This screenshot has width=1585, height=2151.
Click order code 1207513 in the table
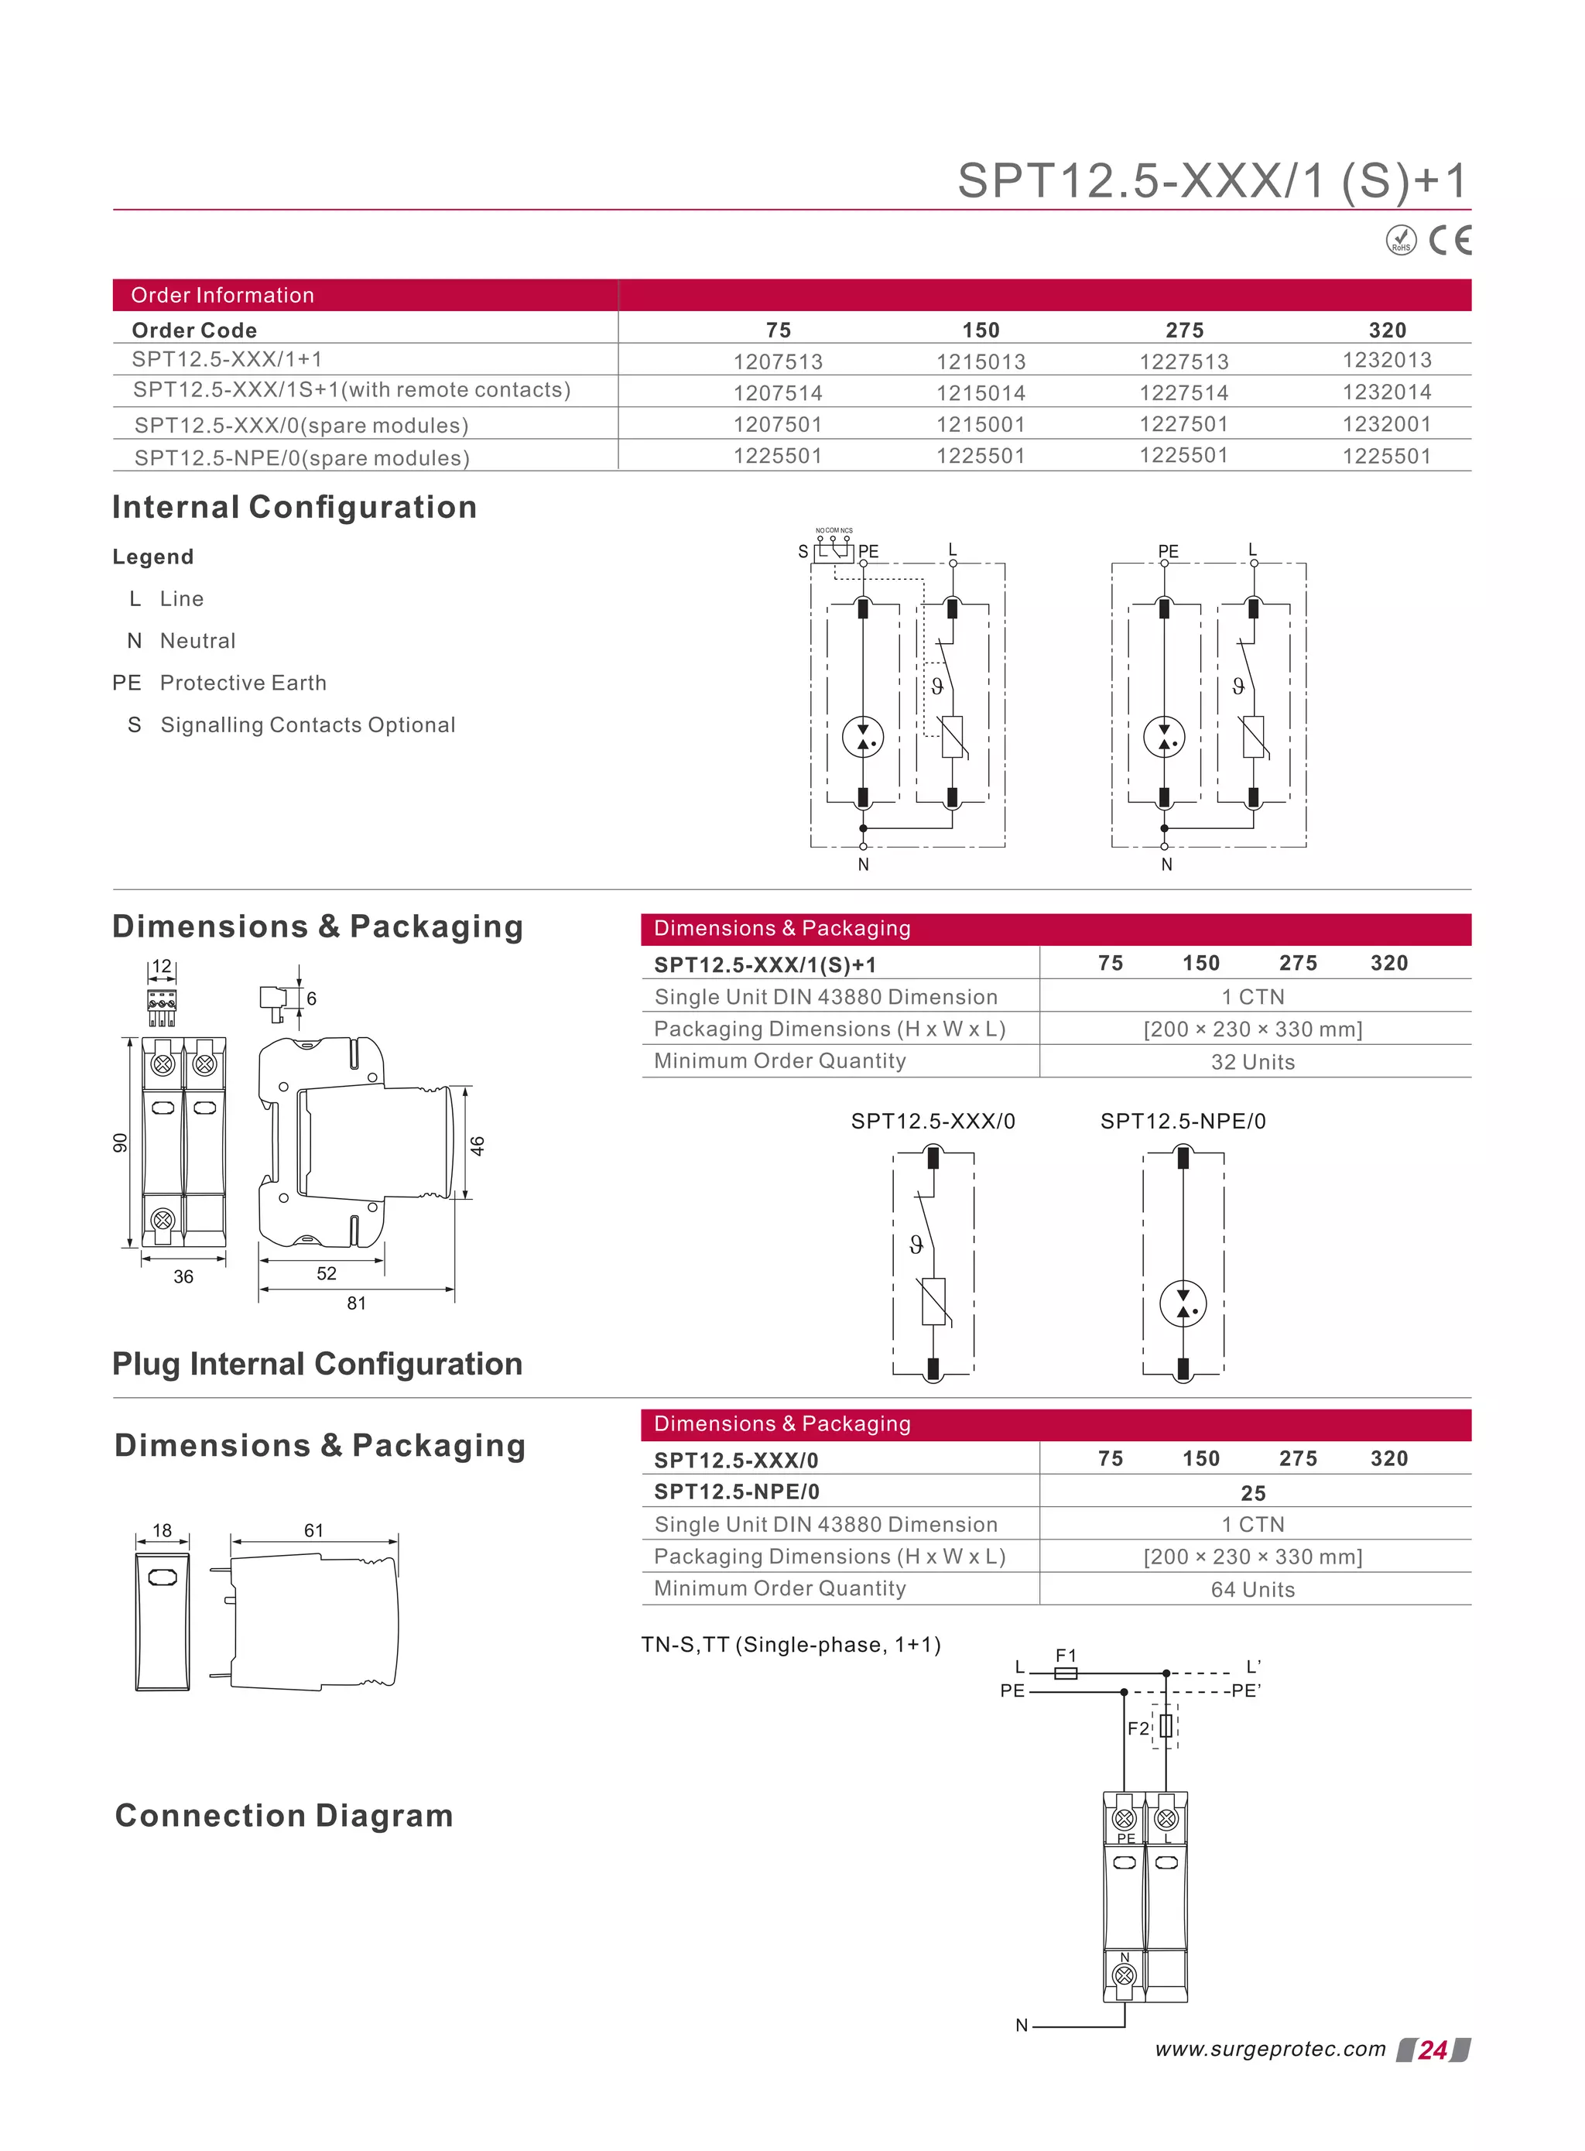778,361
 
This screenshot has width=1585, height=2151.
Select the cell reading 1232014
1386,392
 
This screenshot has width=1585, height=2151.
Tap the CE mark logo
1449,240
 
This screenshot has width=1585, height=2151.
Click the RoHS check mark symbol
1401,240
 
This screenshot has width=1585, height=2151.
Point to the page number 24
1433,2050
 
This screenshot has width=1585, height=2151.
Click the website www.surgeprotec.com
1270,2050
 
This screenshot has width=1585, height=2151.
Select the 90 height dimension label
120,1142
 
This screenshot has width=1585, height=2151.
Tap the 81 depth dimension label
357,1303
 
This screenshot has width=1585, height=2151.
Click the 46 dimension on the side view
478,1145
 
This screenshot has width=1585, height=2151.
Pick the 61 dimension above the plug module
313,1530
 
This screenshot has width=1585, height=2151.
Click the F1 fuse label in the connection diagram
1066,1655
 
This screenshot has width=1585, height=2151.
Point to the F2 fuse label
1138,1728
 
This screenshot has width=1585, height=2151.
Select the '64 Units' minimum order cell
1252,1590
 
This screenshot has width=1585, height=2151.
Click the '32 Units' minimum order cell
1252,1062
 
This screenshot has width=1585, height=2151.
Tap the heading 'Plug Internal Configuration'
317,1363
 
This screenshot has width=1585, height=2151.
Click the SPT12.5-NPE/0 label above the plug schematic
1183,1121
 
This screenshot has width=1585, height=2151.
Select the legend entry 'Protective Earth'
243,683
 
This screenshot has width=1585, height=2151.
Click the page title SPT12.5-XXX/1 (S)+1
1213,180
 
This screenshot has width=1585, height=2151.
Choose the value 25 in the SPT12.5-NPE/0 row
1253,1493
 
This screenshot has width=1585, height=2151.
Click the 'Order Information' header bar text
223,296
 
